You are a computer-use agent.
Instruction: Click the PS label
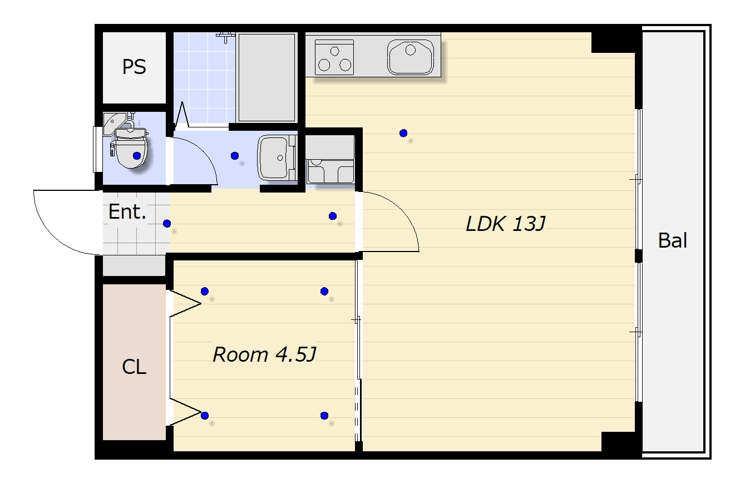click(x=134, y=67)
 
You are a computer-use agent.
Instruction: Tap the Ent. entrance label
click(x=127, y=211)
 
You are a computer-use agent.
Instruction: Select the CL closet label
click(x=134, y=367)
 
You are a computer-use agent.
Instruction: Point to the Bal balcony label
click(x=673, y=240)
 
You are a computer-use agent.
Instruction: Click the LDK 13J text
click(x=506, y=224)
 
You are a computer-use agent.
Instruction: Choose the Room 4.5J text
click(x=264, y=354)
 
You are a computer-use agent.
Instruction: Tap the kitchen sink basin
click(x=411, y=57)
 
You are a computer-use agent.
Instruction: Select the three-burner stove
click(x=334, y=57)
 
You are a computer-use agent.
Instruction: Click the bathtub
click(x=267, y=77)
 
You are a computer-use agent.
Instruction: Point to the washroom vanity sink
click(x=277, y=157)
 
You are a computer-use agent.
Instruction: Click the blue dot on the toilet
click(x=137, y=156)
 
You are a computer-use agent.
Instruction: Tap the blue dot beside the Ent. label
click(x=167, y=224)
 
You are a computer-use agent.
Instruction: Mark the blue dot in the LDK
click(x=403, y=134)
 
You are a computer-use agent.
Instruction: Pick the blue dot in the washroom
click(x=235, y=156)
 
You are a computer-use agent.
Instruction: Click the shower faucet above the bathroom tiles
click(x=226, y=37)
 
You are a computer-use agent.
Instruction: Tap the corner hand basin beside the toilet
click(x=115, y=124)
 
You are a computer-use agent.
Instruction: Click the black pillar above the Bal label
click(x=639, y=256)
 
